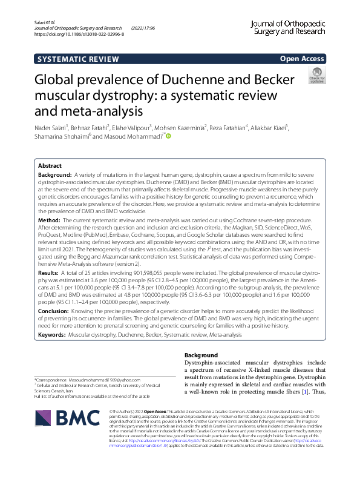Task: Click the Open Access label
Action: point(302,59)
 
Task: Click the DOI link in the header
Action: point(79,35)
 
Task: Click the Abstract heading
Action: point(50,165)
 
